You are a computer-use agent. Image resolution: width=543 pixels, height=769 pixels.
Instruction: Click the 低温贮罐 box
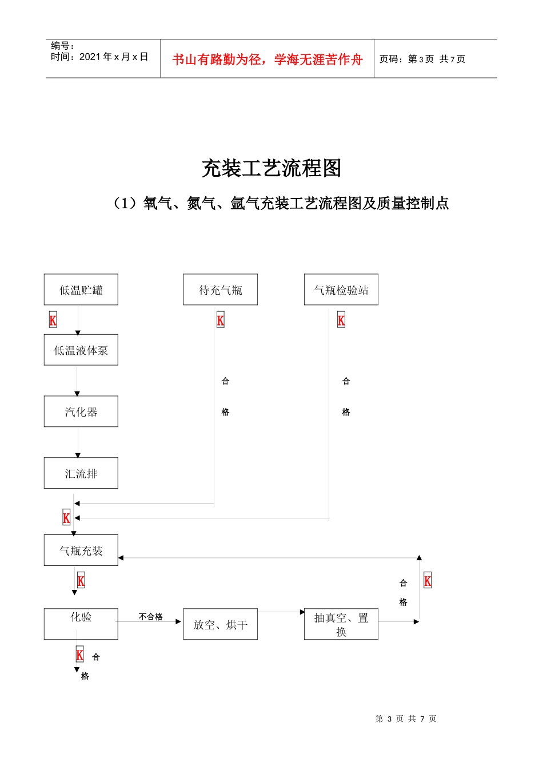coord(81,290)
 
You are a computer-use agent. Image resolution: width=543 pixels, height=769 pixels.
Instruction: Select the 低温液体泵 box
coord(81,350)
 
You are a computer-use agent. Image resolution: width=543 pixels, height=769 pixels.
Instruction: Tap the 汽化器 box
coord(81,411)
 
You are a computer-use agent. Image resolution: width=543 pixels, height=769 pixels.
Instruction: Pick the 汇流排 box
coord(81,473)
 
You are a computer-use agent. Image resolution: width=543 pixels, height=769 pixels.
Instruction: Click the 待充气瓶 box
coord(220,290)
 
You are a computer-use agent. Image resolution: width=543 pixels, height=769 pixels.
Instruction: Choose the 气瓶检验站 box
coord(341,290)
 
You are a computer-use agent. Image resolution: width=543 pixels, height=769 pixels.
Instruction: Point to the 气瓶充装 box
coord(81,550)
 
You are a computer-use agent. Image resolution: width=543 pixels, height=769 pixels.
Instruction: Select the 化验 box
coord(81,624)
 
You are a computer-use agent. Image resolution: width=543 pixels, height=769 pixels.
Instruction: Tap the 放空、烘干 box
coord(220,624)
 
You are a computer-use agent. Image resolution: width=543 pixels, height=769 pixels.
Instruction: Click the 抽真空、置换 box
coord(341,624)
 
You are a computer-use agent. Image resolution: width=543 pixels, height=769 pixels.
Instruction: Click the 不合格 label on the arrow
coord(151,617)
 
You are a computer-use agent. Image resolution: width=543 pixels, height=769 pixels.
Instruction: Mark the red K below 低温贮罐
coord(53,320)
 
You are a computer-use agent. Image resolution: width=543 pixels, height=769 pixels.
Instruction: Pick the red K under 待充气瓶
coord(221,320)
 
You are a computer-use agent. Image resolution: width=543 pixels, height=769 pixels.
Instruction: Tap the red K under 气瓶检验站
coord(341,320)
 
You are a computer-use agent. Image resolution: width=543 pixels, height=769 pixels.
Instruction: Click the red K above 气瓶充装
coord(66,518)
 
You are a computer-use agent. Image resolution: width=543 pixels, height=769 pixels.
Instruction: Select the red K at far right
coord(428,581)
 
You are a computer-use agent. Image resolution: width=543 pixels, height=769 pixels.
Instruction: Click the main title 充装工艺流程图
coord(271,168)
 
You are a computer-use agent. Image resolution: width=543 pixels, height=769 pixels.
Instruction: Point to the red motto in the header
coord(267,60)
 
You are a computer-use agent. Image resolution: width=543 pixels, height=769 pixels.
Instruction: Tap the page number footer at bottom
coord(406,719)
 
